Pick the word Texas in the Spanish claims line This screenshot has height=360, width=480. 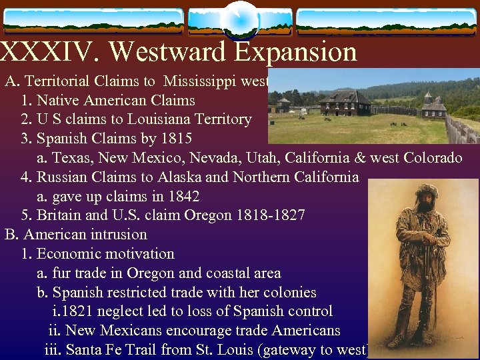[x=72, y=159]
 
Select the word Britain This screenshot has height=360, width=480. [x=61, y=215]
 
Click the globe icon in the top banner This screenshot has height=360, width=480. [x=239, y=19]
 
